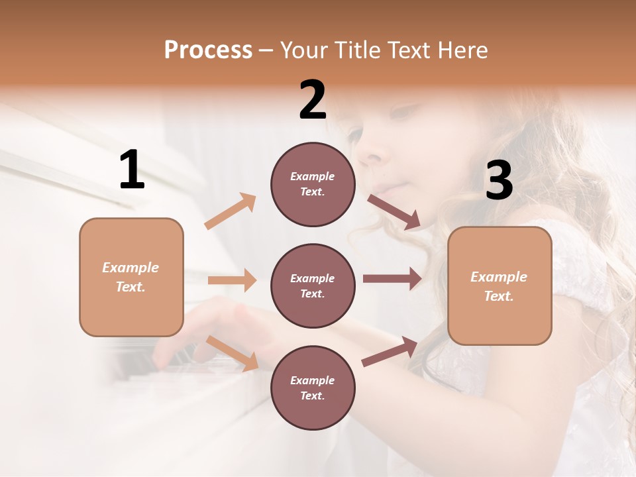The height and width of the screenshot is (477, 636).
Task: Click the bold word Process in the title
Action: point(208,50)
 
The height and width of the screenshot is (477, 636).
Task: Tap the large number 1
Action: point(131,170)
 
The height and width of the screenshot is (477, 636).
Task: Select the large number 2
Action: point(312,100)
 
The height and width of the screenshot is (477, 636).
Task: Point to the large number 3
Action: point(499,181)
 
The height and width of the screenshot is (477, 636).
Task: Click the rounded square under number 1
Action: point(131,277)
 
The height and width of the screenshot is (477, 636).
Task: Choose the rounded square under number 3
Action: point(500,286)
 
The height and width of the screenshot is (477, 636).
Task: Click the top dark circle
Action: point(313,184)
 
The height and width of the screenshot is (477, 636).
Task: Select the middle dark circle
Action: point(313,286)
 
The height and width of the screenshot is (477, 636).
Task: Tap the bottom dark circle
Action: point(313,388)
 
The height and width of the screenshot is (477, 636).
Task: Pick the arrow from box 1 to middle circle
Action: point(232,280)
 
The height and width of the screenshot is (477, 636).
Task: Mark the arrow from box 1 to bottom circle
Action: point(233,353)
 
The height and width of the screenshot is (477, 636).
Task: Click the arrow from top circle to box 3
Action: point(394,212)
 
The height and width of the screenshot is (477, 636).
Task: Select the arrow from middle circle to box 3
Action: point(392,278)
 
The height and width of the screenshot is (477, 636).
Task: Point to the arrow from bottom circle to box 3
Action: point(390,351)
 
